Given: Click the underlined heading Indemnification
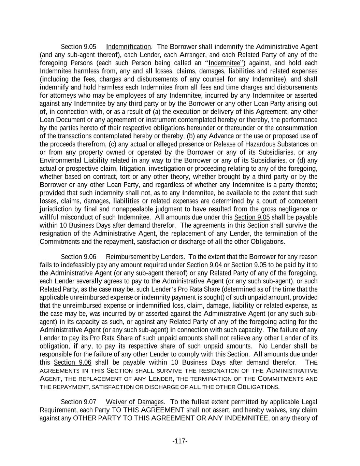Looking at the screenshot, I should coord(128,47).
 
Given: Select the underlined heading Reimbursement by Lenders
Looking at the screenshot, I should coord(145,257).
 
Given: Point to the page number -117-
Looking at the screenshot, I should coord(180,441).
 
